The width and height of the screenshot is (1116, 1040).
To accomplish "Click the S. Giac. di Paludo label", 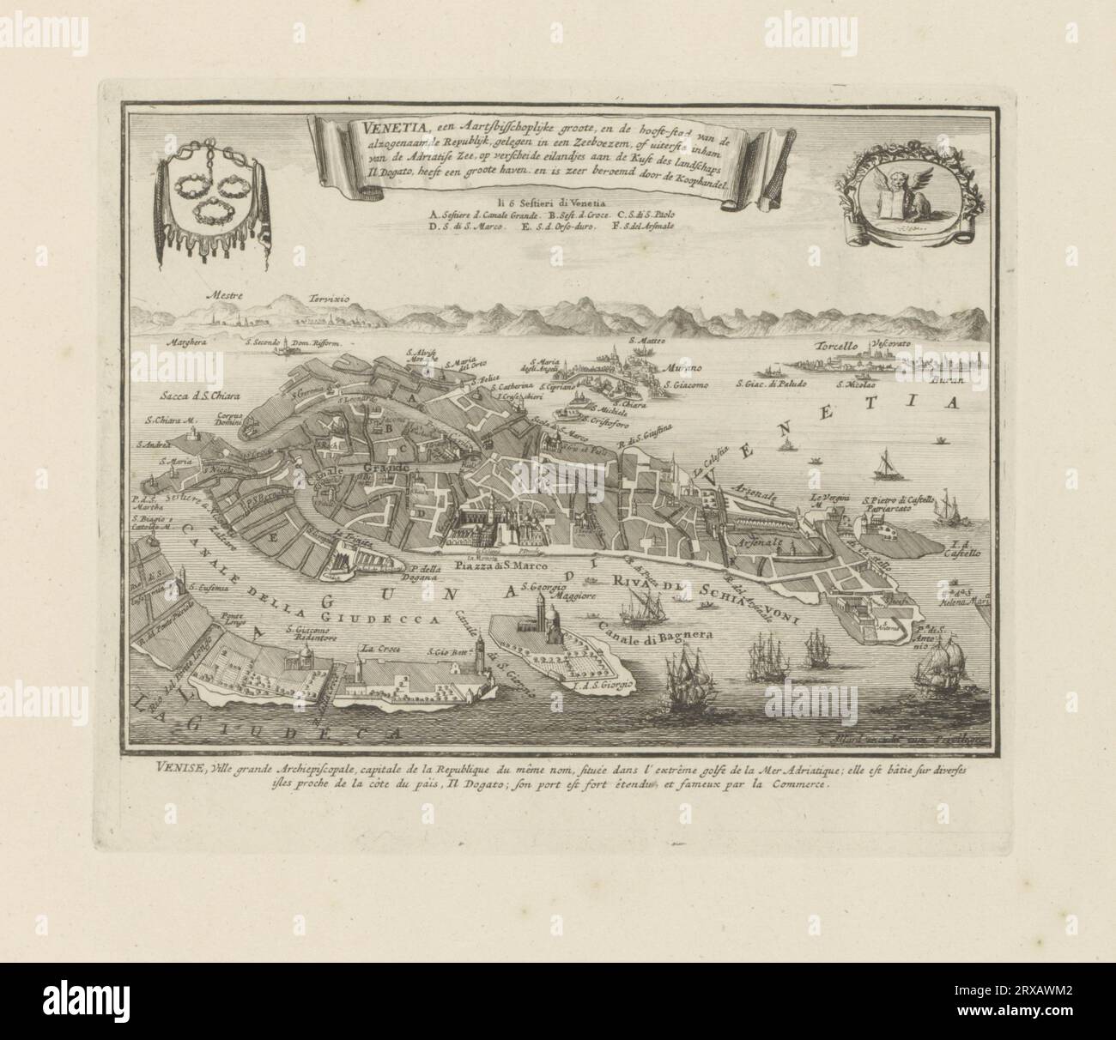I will pos(771,385).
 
